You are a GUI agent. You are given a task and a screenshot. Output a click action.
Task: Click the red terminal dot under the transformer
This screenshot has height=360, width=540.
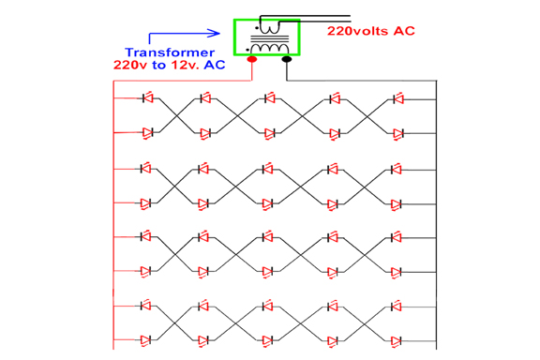click(x=252, y=60)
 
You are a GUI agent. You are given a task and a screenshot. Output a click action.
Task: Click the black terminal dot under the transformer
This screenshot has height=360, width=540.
click(x=286, y=60)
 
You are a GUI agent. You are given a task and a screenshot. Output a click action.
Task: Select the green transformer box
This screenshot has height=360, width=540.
click(x=266, y=37)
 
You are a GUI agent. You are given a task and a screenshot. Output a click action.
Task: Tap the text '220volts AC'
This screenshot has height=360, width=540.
click(x=370, y=31)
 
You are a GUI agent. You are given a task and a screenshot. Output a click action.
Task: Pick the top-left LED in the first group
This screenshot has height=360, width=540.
click(x=146, y=97)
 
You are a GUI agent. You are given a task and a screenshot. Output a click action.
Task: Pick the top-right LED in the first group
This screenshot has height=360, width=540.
click(x=397, y=97)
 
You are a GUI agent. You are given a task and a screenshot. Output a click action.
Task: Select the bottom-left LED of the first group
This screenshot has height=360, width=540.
click(x=146, y=133)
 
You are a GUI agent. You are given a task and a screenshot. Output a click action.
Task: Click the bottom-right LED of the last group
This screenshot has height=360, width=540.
click(x=397, y=339)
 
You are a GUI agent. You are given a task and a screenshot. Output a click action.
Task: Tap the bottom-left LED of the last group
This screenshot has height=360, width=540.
click(x=146, y=339)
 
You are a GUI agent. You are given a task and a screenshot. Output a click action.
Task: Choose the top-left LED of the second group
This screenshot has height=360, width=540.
click(x=146, y=169)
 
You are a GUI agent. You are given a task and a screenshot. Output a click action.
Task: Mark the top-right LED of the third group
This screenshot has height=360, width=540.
click(x=397, y=237)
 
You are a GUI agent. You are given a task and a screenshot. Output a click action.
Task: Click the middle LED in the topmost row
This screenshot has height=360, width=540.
click(x=269, y=97)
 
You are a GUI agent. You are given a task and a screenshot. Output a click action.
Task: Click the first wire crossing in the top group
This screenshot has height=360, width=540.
click(x=176, y=115)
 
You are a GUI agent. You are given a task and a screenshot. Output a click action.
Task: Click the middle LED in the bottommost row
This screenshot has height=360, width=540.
click(x=269, y=339)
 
